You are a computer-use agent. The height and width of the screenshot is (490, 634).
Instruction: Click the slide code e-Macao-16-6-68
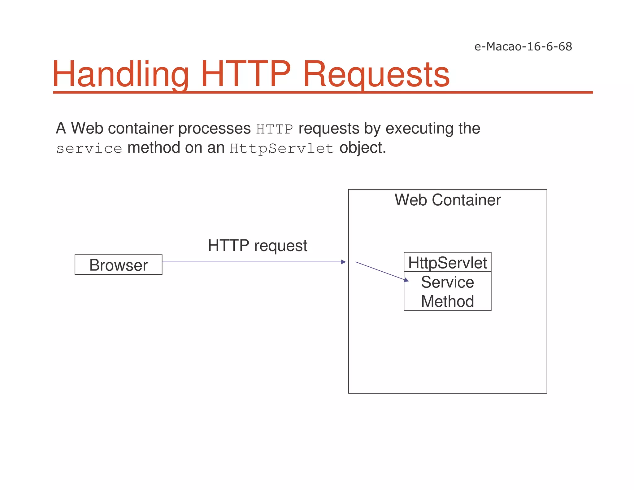(523, 47)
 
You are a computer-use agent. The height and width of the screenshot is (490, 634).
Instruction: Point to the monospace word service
(89, 149)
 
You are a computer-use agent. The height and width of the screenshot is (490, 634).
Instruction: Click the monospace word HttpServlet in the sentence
(282, 149)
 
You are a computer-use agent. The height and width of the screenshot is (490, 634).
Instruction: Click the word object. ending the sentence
(363, 148)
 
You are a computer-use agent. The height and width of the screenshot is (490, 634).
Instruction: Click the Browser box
(118, 265)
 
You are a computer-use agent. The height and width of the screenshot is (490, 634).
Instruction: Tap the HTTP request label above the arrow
(258, 246)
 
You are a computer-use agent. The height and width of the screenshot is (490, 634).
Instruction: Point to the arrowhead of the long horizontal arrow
(343, 262)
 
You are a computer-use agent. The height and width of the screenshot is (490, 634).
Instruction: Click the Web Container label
(447, 200)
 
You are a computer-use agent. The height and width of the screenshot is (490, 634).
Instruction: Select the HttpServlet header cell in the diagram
(447, 263)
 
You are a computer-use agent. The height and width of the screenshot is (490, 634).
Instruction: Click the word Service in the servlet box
(447, 282)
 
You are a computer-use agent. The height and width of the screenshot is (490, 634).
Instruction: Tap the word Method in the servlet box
(447, 301)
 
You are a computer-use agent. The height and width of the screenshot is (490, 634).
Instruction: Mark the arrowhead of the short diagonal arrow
(406, 280)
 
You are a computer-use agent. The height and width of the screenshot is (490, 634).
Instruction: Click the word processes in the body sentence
(214, 129)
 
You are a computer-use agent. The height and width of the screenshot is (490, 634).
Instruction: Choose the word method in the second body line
(154, 148)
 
